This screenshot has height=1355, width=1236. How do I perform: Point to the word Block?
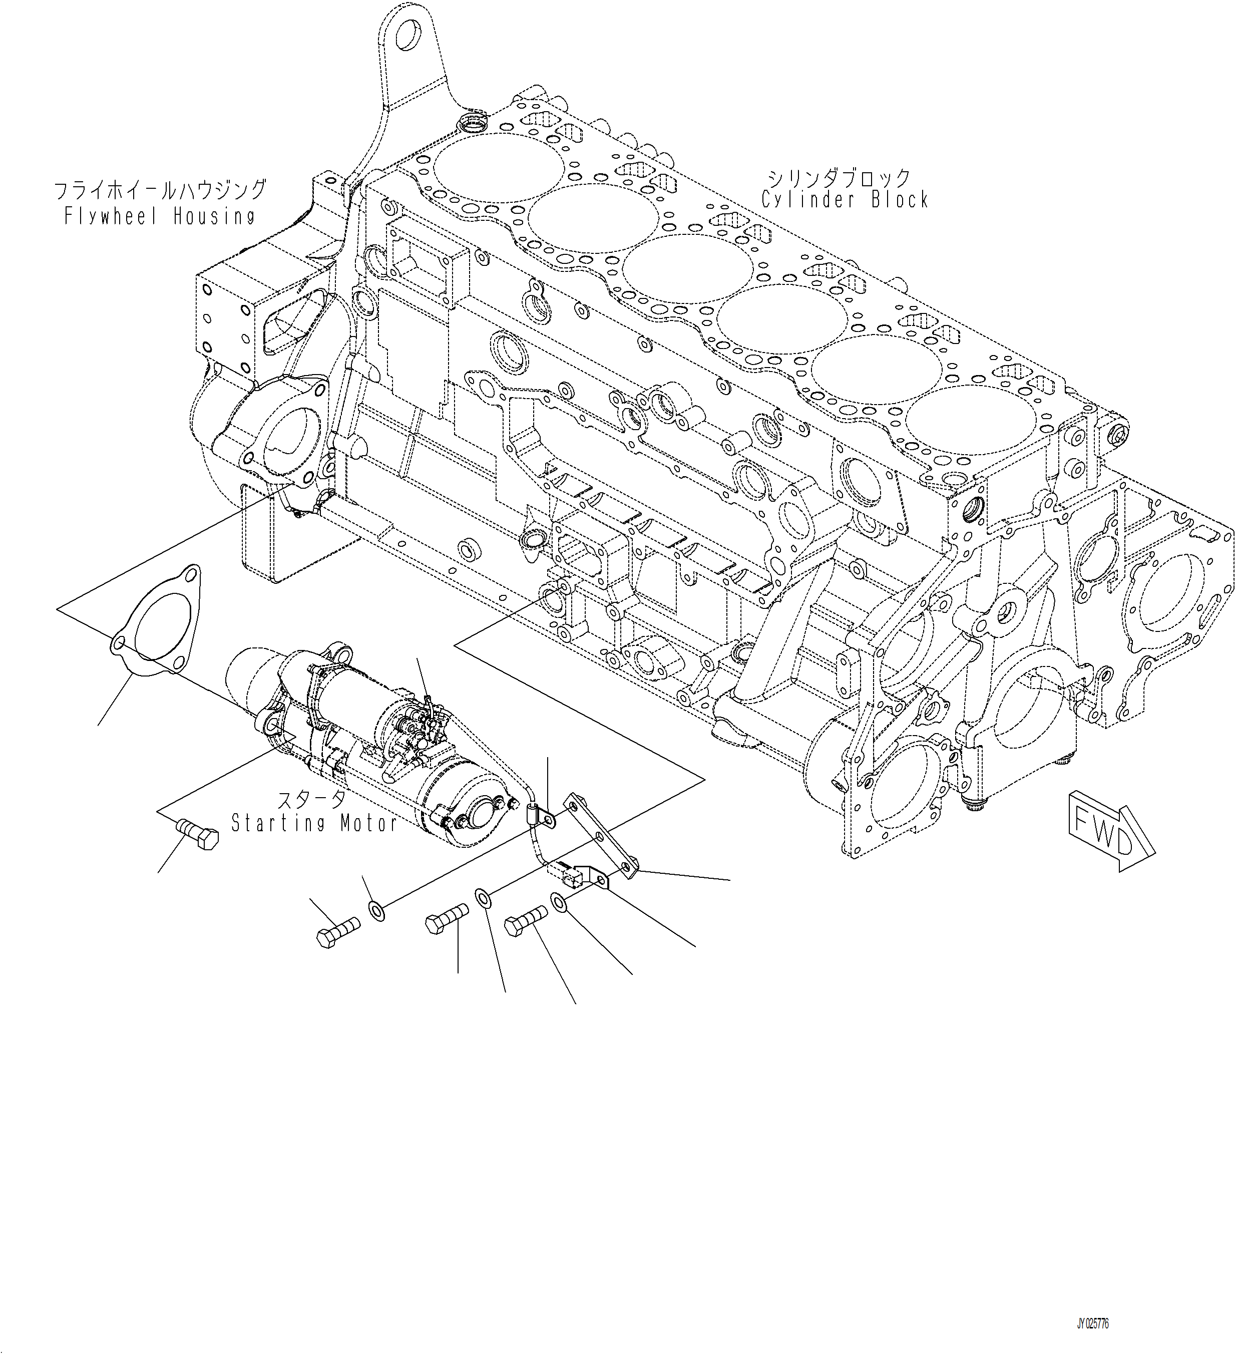click(900, 200)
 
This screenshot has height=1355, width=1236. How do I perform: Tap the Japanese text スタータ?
click(312, 800)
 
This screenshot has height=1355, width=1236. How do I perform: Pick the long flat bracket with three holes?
click(600, 837)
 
